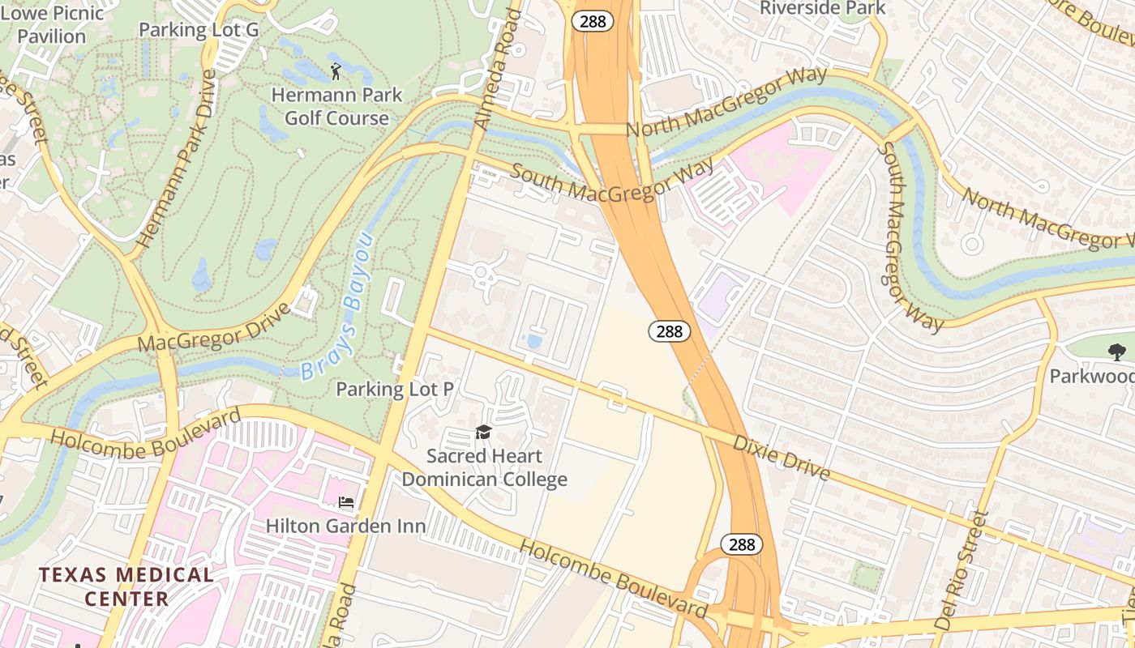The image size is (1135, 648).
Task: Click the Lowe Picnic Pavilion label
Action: (x=53, y=24)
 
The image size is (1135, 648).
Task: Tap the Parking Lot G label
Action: (x=199, y=30)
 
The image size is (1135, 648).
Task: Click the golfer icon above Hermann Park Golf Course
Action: (x=336, y=71)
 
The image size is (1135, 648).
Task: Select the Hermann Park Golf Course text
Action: (x=336, y=106)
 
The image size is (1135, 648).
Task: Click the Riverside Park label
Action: (x=822, y=8)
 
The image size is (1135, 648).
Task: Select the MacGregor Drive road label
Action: (x=214, y=327)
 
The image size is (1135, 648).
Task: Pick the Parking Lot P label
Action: (x=395, y=389)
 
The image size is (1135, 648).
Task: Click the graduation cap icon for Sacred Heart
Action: (x=484, y=432)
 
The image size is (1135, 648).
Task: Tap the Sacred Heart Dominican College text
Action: (x=484, y=468)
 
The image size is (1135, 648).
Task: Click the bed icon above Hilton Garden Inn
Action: (x=346, y=502)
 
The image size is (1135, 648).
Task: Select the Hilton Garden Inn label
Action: (x=346, y=526)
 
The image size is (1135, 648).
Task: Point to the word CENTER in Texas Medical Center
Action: (x=126, y=599)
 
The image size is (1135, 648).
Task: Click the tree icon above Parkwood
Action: (x=1116, y=352)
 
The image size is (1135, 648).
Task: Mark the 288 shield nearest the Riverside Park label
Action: (x=593, y=22)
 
